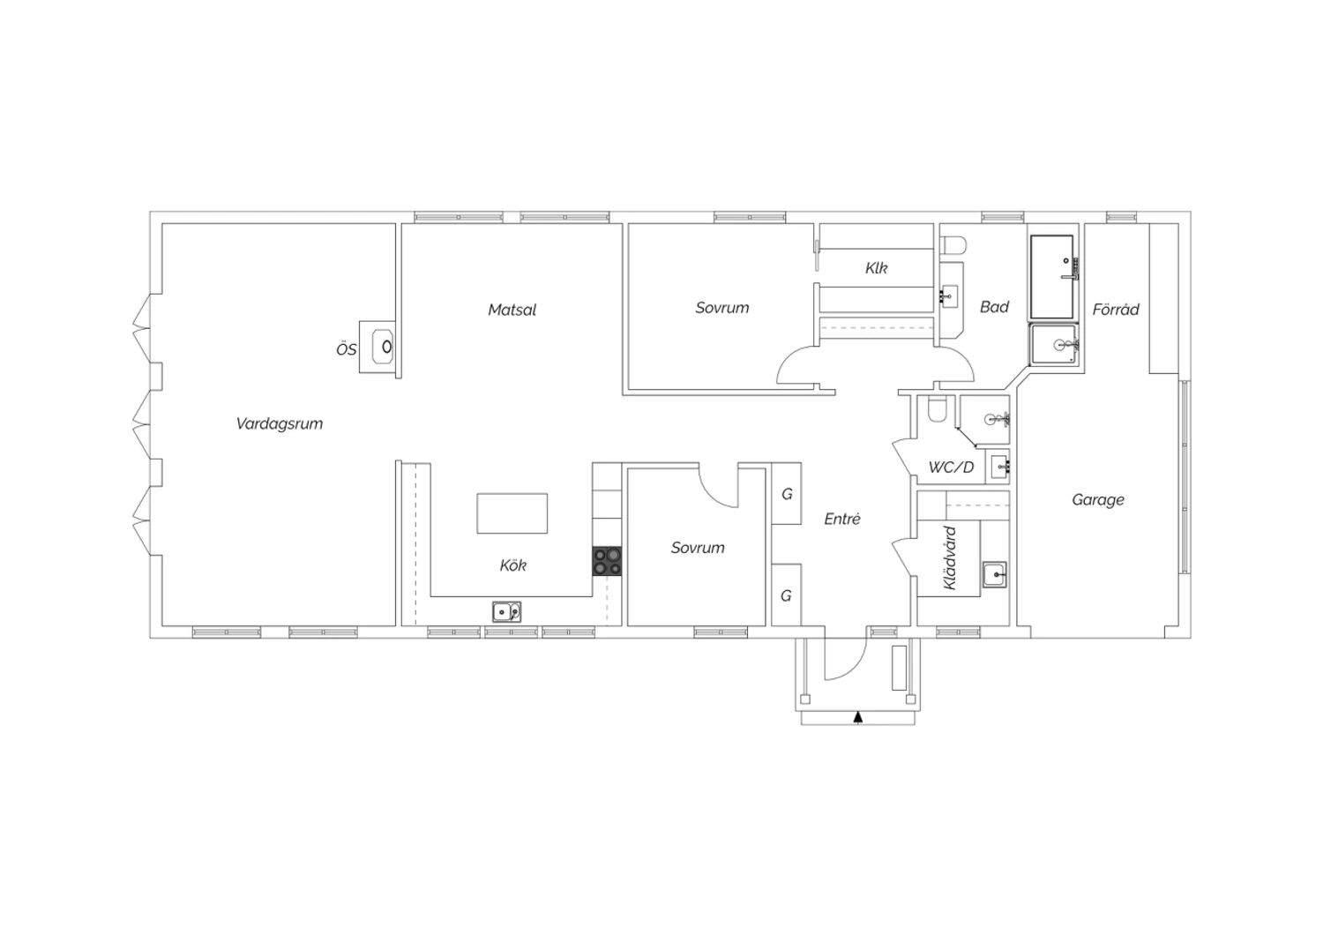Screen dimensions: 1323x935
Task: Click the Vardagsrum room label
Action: coord(280,423)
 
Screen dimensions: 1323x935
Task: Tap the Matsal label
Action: coord(512,310)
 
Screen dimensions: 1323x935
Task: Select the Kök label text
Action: coord(512,565)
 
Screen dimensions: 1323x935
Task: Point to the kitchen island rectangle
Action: coord(512,513)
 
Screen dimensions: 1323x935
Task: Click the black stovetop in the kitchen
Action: coord(607,561)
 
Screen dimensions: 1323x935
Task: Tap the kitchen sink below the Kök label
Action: coord(507,612)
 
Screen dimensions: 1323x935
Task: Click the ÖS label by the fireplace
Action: coord(346,349)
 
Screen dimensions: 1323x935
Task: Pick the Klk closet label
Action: coord(877,268)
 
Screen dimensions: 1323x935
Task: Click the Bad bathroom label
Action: coord(995,307)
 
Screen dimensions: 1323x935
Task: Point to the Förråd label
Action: coord(1116,309)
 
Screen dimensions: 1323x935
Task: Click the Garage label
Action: coord(1098,499)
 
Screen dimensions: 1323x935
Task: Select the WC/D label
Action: coord(951,467)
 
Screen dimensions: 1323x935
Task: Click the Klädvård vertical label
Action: coord(950,557)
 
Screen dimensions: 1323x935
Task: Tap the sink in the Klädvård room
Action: coord(995,574)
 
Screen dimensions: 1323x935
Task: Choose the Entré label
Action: coord(842,519)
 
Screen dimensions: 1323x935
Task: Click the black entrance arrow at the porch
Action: coord(858,717)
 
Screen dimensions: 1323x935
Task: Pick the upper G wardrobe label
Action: coord(787,494)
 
